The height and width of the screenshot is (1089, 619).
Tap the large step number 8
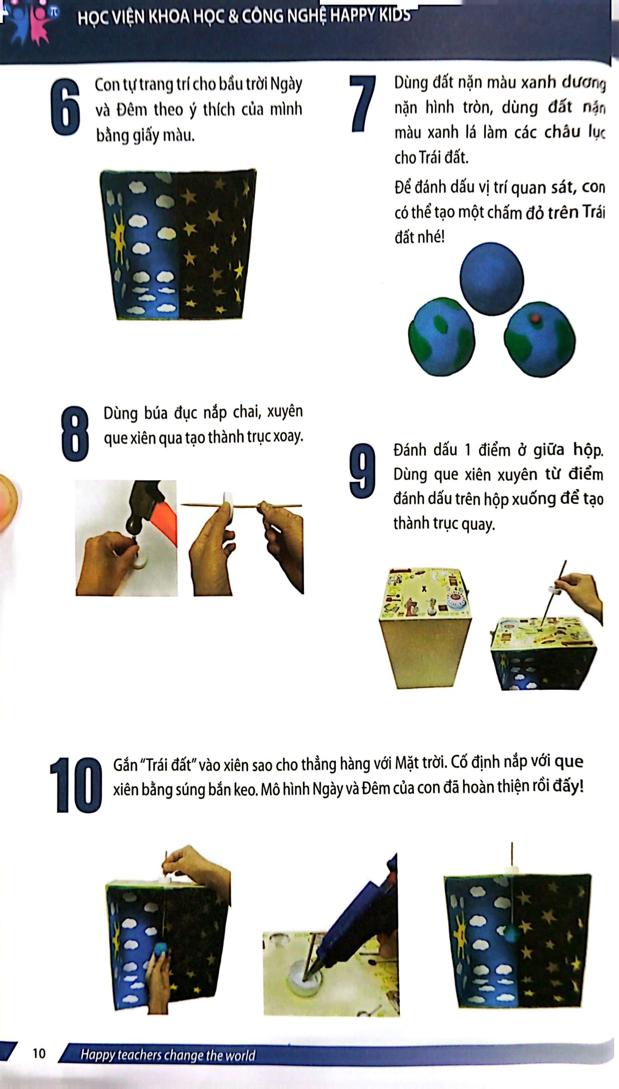click(75, 433)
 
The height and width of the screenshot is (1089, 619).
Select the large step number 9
click(362, 471)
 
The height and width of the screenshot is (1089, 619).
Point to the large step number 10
click(76, 785)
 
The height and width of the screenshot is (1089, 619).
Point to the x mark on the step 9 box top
click(424, 589)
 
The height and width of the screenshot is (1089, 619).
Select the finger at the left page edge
click(7, 501)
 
